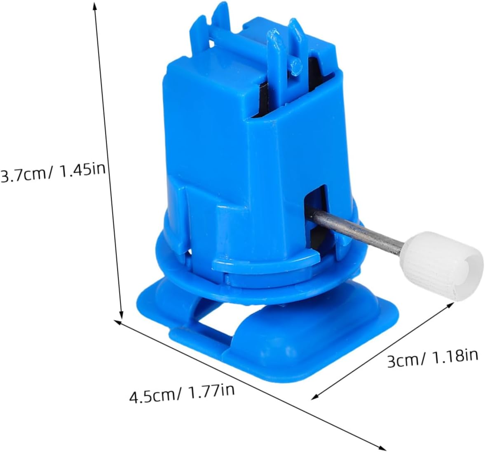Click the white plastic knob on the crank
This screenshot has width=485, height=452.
tap(441, 266)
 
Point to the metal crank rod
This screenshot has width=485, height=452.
tap(356, 229)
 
